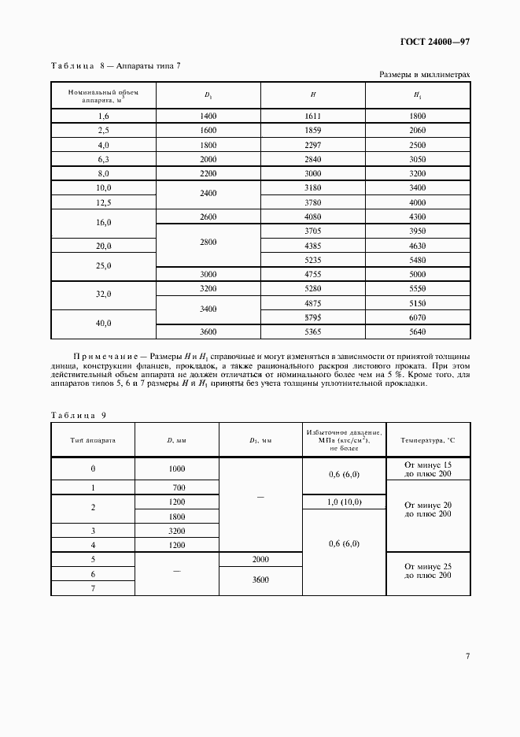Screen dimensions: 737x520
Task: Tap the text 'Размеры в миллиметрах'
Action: pyautogui.click(x=424, y=75)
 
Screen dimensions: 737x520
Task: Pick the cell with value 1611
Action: pyautogui.click(x=313, y=116)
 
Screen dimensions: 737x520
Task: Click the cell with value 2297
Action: pyautogui.click(x=313, y=145)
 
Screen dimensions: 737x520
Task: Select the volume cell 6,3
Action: pyautogui.click(x=103, y=159)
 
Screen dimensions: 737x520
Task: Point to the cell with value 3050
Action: pyautogui.click(x=418, y=159)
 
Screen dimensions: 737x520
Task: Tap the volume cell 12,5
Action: pyautogui.click(x=103, y=202)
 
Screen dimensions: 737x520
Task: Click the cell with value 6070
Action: pyautogui.click(x=418, y=317)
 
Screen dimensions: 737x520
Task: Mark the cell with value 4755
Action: pyautogui.click(x=313, y=274)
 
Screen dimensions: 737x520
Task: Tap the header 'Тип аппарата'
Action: pyautogui.click(x=93, y=440)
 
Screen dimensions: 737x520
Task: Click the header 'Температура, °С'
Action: pyautogui.click(x=428, y=440)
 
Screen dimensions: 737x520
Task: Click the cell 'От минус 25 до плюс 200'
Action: pyautogui.click(x=428, y=571)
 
